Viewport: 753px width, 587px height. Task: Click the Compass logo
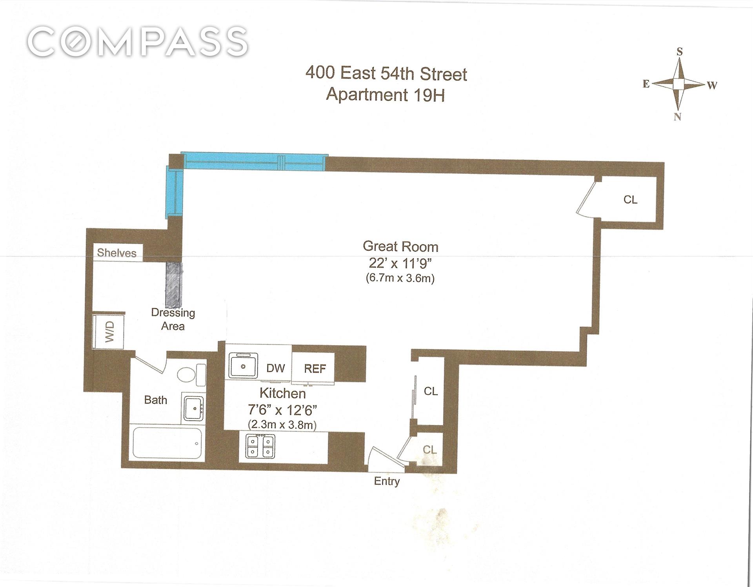138,41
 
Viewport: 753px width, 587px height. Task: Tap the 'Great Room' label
400,246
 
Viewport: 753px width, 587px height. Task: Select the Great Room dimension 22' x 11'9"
400,263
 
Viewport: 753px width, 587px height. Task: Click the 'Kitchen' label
282,393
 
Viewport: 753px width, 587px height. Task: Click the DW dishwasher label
275,368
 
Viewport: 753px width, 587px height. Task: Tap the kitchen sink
243,366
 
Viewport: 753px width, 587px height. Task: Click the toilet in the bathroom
191,374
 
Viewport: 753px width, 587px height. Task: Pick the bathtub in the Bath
167,443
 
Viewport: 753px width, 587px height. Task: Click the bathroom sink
194,408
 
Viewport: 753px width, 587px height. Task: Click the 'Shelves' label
117,253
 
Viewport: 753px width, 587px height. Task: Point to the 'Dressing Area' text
173,319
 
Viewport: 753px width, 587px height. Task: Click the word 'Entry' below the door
387,481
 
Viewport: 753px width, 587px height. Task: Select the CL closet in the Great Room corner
630,200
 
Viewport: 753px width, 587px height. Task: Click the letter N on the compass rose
677,117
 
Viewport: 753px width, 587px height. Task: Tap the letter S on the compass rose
680,52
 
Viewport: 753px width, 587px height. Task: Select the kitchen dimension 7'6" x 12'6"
282,410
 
